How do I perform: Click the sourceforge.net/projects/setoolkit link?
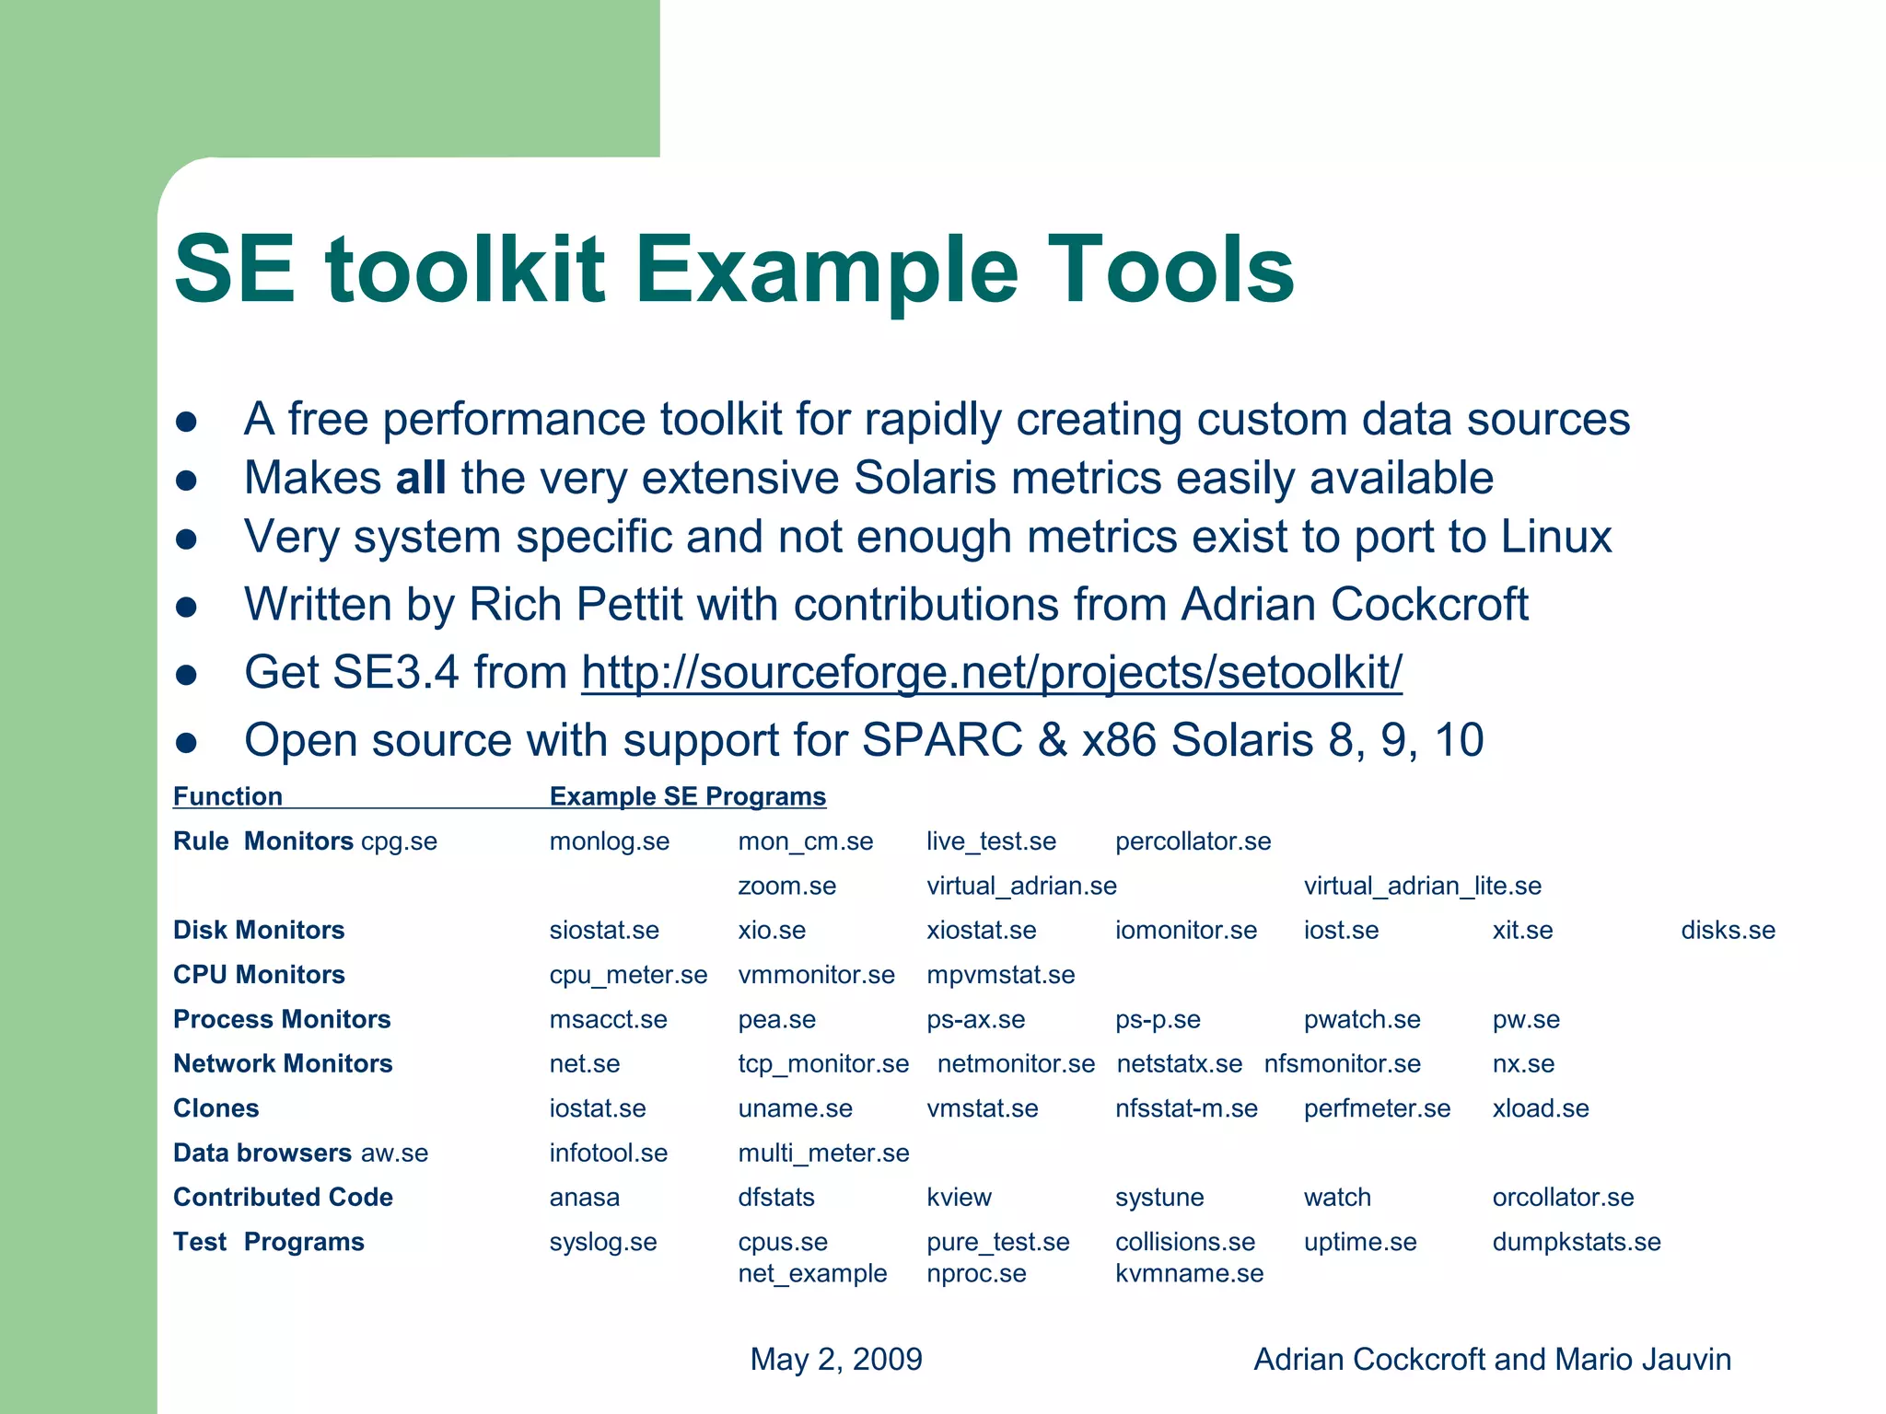tap(991, 672)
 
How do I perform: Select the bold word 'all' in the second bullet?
tap(421, 478)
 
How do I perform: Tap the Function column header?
tap(227, 796)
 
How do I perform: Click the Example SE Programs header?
tap(687, 796)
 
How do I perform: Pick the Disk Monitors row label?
tap(259, 930)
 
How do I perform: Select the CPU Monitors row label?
tap(259, 974)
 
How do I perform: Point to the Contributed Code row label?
tap(283, 1197)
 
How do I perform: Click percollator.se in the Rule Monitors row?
tap(1193, 841)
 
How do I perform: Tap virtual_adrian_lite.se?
tap(1422, 886)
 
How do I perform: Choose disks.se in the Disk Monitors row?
tap(1728, 930)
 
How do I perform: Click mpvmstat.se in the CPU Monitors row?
tap(1000, 974)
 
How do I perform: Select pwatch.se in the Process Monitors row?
tap(1362, 1019)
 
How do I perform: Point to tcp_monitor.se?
tap(823, 1063)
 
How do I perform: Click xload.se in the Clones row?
tap(1541, 1108)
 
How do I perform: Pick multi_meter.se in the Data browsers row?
tap(823, 1153)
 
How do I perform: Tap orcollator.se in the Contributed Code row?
tap(1563, 1197)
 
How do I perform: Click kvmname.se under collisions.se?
tap(1189, 1273)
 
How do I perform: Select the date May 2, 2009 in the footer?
tap(836, 1359)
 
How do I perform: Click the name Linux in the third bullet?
tap(1556, 537)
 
